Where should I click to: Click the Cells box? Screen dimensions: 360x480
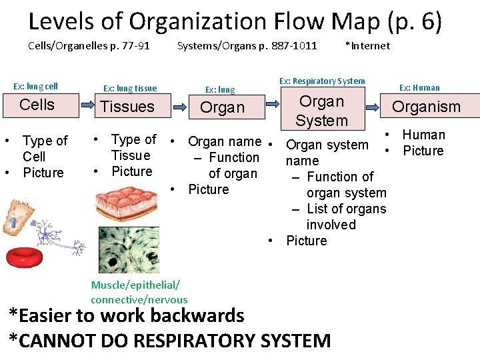[x=37, y=105]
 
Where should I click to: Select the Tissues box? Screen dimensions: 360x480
[x=127, y=107]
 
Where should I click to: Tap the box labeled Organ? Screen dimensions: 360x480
[x=222, y=107]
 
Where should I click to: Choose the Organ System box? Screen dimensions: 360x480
[x=321, y=111]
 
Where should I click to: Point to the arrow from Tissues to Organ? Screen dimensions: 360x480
[x=180, y=105]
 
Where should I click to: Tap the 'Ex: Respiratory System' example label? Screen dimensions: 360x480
[x=322, y=81]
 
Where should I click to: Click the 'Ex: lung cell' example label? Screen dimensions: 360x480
[x=36, y=86]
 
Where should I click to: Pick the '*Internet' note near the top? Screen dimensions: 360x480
[x=367, y=46]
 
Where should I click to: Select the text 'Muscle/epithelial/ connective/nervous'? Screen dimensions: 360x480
[x=139, y=293]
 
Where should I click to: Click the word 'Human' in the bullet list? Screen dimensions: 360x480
[x=423, y=135]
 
